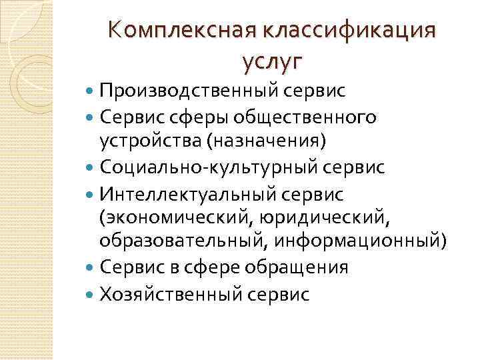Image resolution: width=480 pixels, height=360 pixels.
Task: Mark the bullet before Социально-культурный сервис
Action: pos(91,167)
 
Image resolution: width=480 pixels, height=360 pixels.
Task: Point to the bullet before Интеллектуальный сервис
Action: pos(91,194)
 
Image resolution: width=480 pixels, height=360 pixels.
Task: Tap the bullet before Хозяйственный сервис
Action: pos(91,294)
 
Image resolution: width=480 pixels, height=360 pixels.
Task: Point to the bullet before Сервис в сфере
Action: pos(91,267)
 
